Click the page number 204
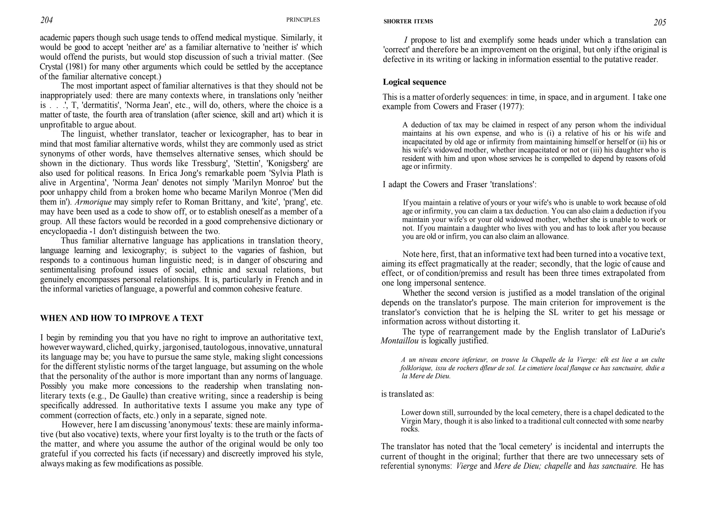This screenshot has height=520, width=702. (47, 21)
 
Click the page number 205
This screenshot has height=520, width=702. (660, 23)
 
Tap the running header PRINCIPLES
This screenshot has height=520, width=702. (303, 20)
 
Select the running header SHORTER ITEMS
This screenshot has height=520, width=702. (408, 22)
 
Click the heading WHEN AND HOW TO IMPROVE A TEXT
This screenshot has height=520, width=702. (122, 318)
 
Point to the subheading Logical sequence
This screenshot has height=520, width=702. (414, 82)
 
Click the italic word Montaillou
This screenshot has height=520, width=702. (400, 341)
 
